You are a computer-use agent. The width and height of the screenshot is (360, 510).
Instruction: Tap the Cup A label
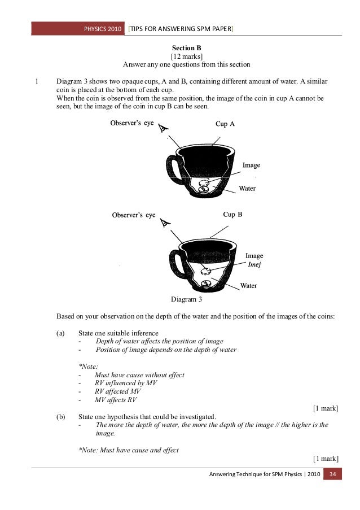(225, 123)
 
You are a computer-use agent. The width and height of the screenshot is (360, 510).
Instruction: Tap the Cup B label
(233, 215)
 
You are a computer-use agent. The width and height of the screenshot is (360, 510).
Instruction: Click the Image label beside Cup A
(251, 165)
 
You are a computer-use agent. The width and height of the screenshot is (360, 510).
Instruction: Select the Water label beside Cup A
(248, 188)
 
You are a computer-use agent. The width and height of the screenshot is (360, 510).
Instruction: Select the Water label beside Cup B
(249, 286)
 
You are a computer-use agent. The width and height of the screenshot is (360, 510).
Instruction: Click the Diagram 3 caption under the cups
(186, 299)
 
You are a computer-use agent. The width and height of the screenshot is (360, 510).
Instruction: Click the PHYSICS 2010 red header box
(103, 29)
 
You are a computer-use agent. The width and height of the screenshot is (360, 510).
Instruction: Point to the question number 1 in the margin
(37, 81)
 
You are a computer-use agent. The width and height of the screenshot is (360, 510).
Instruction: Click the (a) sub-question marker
(60, 333)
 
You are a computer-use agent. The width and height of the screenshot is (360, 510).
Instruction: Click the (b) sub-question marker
(60, 417)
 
